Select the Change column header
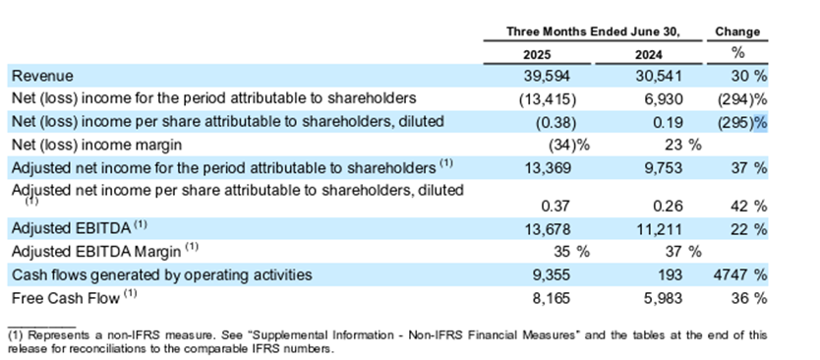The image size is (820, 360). (737, 31)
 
